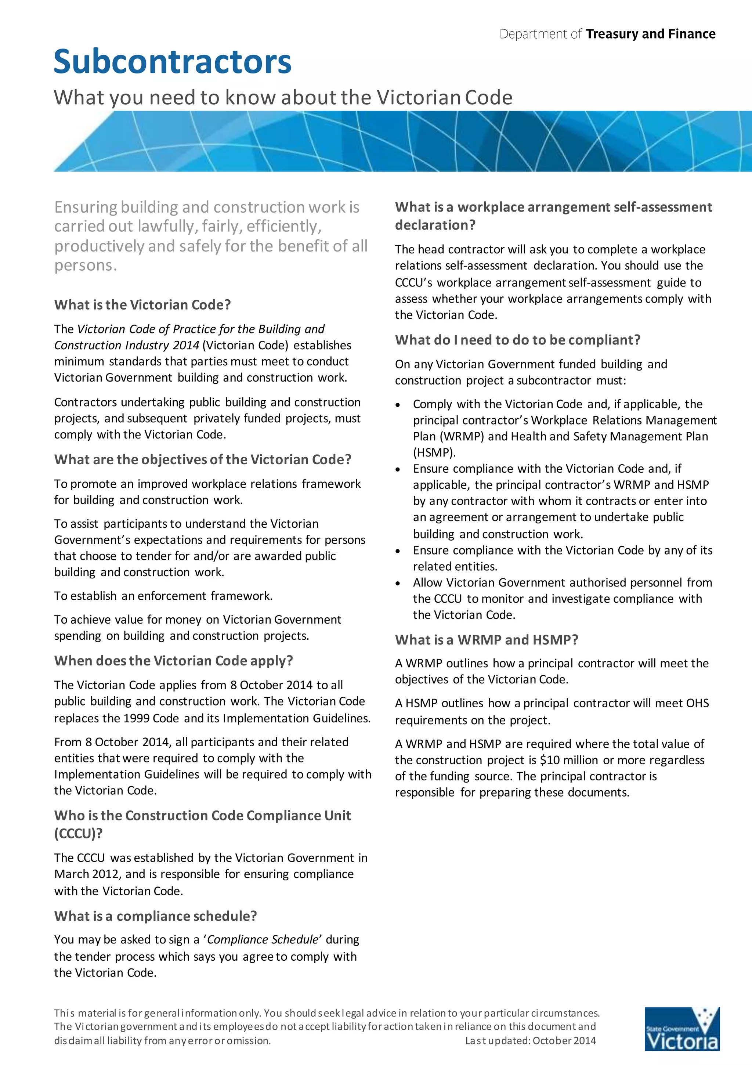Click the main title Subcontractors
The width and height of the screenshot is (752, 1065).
(172, 62)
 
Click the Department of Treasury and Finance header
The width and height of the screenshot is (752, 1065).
(607, 34)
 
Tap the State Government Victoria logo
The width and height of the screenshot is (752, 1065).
(681, 1035)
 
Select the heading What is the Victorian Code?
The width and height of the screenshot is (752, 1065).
(142, 305)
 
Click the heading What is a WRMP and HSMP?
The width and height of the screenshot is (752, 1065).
(486, 640)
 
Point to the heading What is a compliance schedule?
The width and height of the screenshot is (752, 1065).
(155, 916)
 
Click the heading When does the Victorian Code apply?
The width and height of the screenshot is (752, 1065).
(174, 661)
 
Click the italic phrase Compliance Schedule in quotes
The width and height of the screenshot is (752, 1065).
(263, 940)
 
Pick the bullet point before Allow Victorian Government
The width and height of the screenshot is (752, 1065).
(398, 584)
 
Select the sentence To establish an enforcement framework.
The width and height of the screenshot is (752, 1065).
(163, 596)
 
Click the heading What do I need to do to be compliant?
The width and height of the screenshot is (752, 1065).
(517, 340)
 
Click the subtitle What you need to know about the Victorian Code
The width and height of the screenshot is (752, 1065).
(283, 97)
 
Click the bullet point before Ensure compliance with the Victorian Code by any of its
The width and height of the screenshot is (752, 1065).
(398, 551)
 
